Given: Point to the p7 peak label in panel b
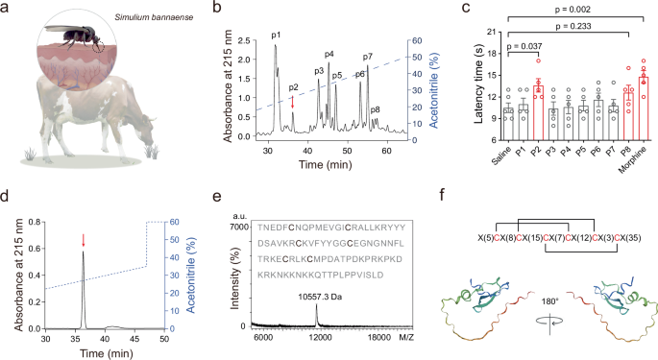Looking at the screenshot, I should (x=368, y=58).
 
